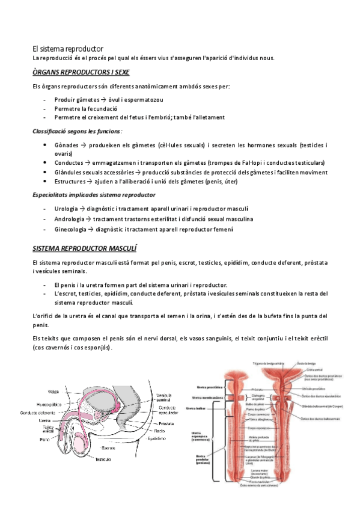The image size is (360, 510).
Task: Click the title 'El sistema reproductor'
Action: tap(68, 48)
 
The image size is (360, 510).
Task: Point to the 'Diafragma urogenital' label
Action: tap(260, 397)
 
